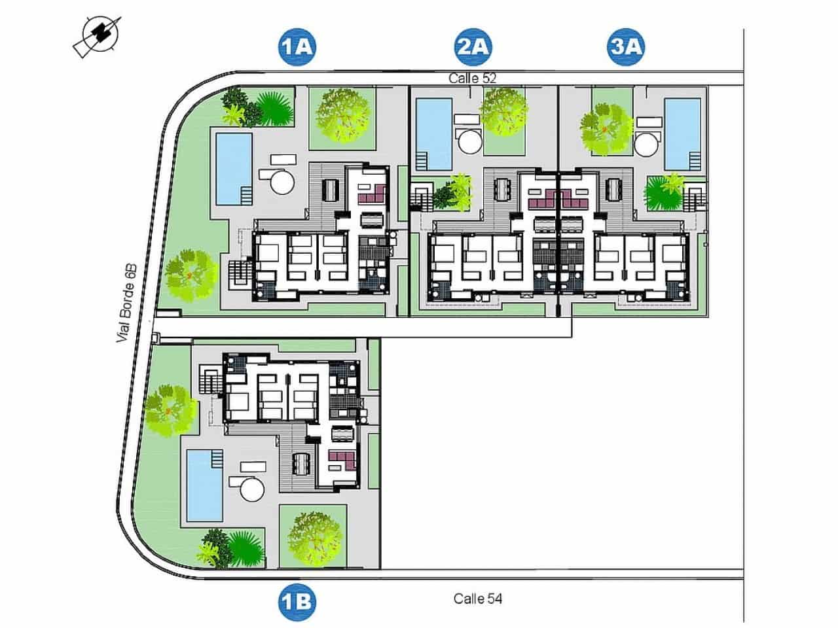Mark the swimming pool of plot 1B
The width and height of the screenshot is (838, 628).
click(205, 483)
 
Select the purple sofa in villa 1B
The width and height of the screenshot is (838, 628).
click(341, 461)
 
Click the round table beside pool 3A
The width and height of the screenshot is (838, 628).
click(646, 142)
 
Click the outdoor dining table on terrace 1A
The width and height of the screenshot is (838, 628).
click(329, 190)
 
